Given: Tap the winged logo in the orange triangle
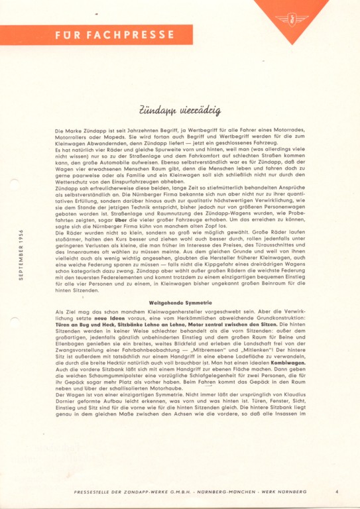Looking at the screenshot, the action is click(x=292, y=18).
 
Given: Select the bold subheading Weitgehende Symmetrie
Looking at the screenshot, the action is click(x=180, y=303).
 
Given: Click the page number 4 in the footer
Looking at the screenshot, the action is click(x=337, y=491).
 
